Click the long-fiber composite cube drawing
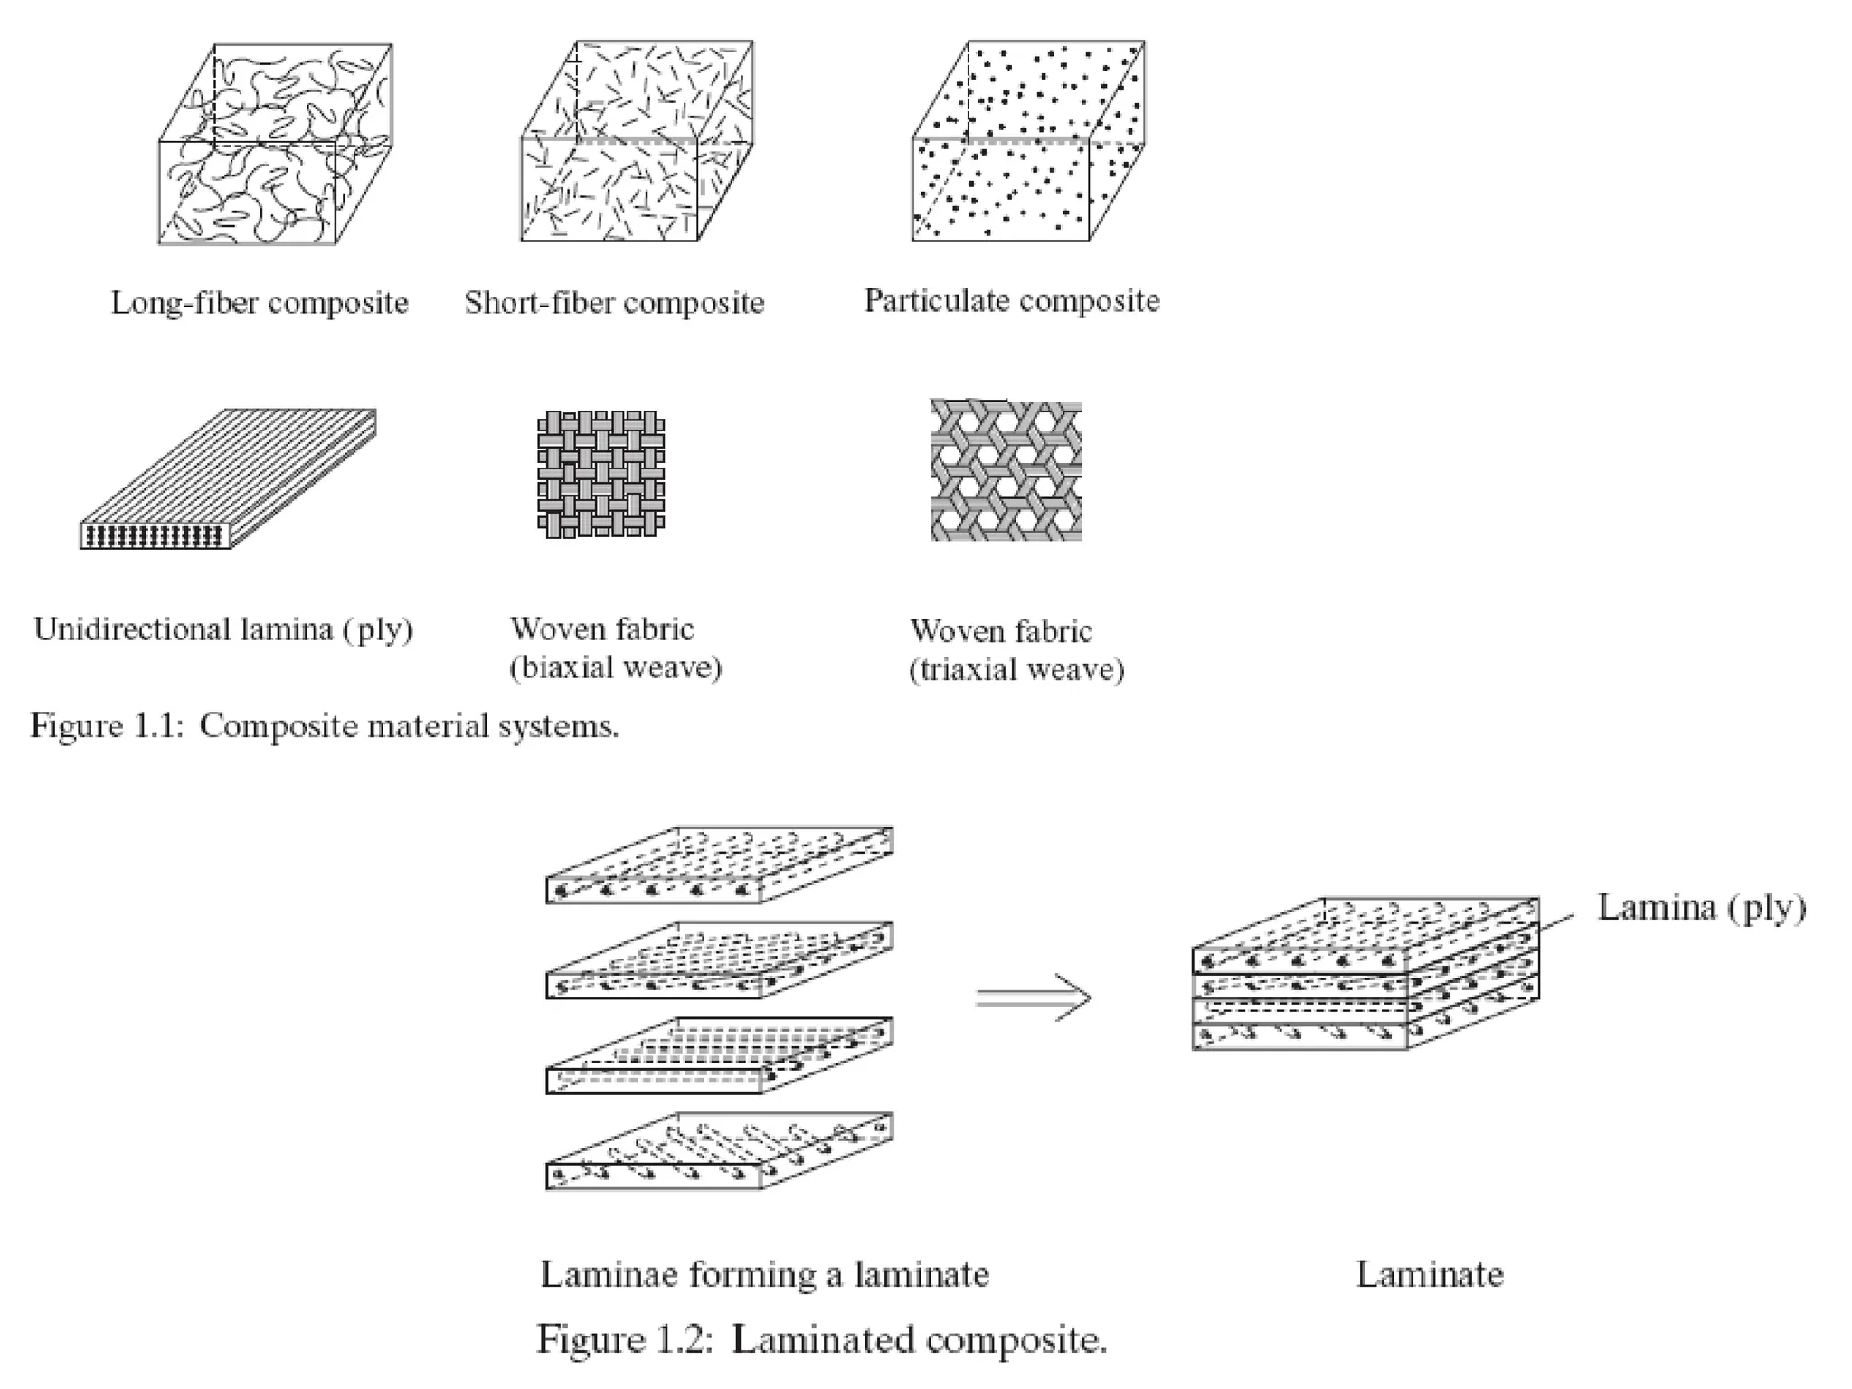coord(275,145)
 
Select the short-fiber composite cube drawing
coord(637,143)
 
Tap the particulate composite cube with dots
coord(1028,142)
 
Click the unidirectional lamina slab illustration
coord(228,479)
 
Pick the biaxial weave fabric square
coord(600,474)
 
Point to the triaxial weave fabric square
coord(1006,470)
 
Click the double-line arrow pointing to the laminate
coord(1034,998)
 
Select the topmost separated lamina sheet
coord(719,865)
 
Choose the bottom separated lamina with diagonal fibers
coord(719,1150)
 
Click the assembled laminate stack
coord(1365,975)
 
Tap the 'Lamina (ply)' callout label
coord(1701,907)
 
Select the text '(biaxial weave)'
coord(616,668)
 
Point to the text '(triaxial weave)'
coord(1016,670)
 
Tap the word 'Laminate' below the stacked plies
coord(1430,1275)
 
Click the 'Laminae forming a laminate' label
coord(764,1275)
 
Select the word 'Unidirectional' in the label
coord(132,629)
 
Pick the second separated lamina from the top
coord(719,960)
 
